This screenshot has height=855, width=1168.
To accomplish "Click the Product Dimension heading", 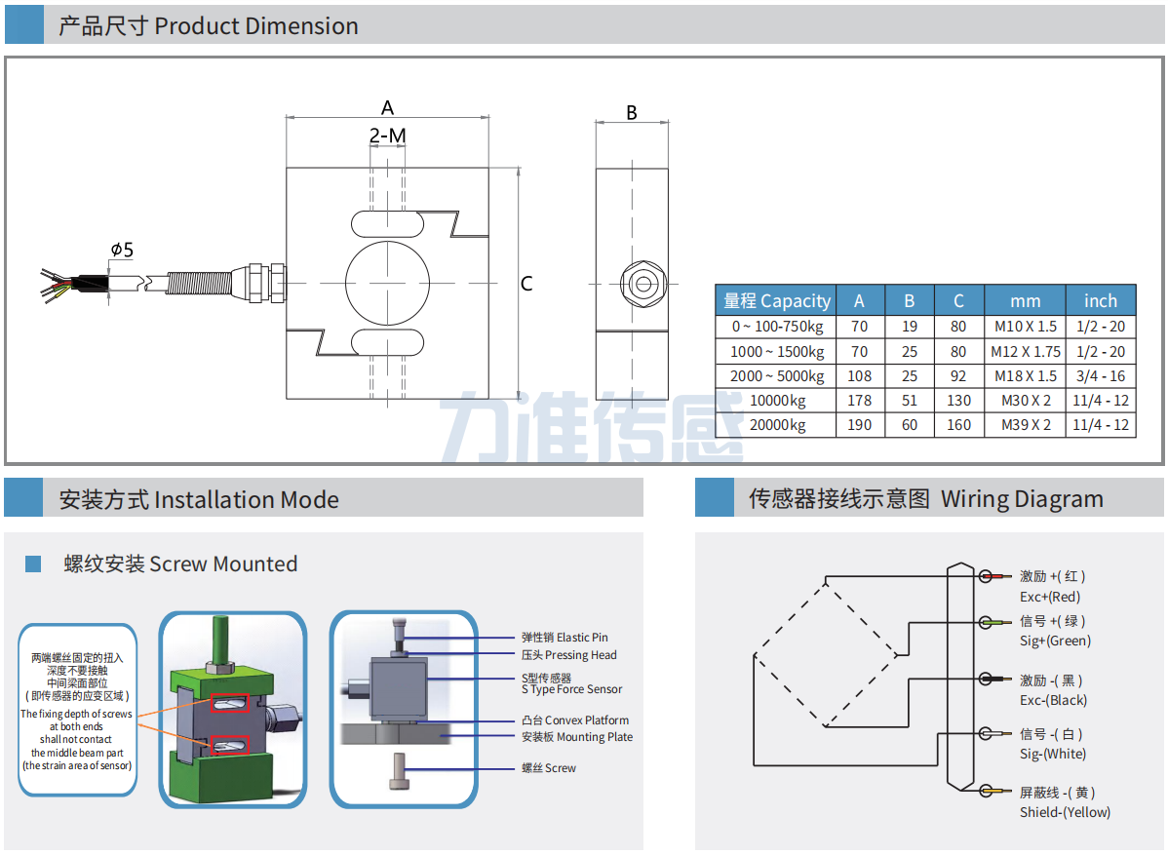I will tap(209, 26).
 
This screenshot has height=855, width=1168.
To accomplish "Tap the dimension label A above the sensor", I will tap(387, 107).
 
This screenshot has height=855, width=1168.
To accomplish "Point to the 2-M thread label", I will tap(387, 136).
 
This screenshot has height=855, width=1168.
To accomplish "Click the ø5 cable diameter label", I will tap(122, 251).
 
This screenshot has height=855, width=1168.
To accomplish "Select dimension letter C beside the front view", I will tap(526, 284).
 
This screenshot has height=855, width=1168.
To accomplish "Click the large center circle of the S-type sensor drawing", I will tap(387, 283).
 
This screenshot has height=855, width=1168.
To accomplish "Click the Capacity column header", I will tap(776, 301).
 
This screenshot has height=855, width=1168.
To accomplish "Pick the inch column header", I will tap(1100, 301).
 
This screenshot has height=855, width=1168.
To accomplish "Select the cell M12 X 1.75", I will tap(1025, 352).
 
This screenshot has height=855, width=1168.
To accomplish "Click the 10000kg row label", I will tap(777, 401).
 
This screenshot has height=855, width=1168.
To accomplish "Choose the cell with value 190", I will tap(859, 425).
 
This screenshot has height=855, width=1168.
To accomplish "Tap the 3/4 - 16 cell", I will tap(1100, 376).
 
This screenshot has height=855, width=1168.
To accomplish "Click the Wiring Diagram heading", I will tap(925, 499).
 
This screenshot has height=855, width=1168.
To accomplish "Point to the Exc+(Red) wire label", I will tap(1049, 597).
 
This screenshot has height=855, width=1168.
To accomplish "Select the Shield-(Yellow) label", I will tap(1065, 812).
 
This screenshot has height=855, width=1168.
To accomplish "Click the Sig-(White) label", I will tap(1052, 754).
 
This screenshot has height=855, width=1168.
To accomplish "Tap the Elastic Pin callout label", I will tap(565, 638).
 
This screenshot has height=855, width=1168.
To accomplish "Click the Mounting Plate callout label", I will tap(577, 737).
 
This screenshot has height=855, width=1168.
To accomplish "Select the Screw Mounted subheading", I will tap(180, 564).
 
